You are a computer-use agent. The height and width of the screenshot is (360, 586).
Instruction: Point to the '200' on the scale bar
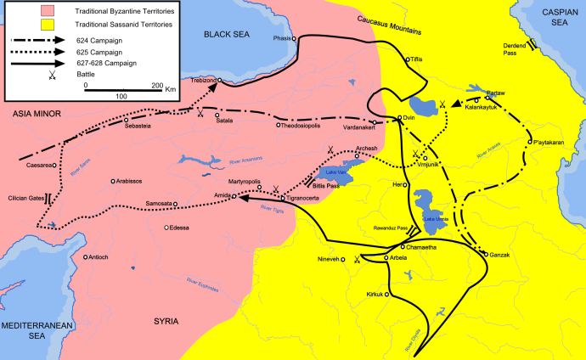[157, 87]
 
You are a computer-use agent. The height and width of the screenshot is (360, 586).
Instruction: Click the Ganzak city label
[501, 254]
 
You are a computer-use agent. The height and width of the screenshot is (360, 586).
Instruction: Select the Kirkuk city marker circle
[387, 293]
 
